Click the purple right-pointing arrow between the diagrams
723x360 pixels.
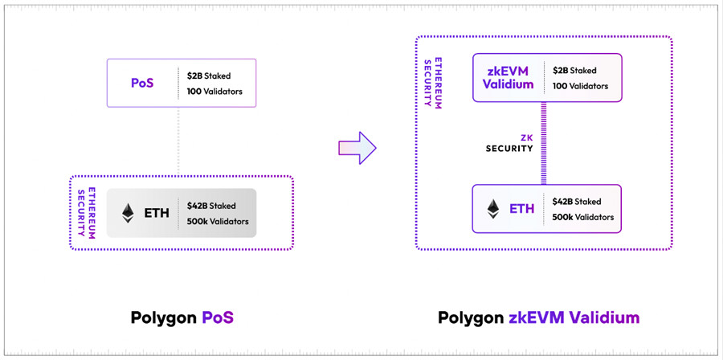[x=356, y=146]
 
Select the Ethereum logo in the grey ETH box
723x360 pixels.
[x=128, y=213]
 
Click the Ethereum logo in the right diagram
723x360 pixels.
[x=492, y=209]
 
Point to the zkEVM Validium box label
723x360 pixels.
[x=509, y=78]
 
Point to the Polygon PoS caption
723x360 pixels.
[x=182, y=317]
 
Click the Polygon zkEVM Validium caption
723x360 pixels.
[x=538, y=317]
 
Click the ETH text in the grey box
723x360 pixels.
[x=157, y=214]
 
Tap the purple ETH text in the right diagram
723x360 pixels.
[x=521, y=210]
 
